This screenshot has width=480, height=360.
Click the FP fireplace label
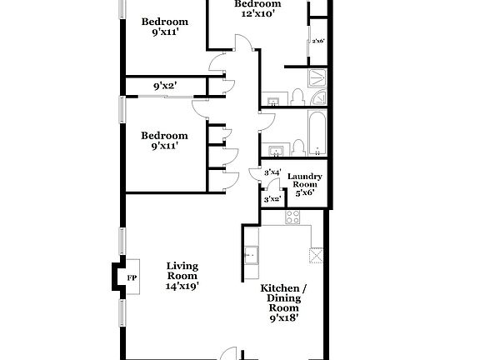(131, 277)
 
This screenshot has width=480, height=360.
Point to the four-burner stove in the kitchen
(293, 217)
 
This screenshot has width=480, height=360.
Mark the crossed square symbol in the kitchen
(315, 255)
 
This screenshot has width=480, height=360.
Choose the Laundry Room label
(305, 182)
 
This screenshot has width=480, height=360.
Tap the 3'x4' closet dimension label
(272, 172)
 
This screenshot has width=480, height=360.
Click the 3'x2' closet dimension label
(272, 199)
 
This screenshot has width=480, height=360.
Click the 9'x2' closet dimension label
(164, 85)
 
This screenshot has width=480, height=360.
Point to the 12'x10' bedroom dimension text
(257, 14)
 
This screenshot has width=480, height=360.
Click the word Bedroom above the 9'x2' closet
(164, 22)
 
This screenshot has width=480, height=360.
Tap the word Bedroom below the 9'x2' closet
(164, 136)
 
